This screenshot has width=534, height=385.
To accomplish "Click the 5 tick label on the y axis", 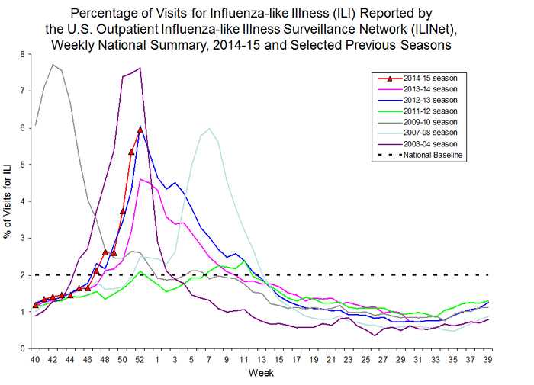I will [22, 165].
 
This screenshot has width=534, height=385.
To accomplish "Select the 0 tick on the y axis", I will [22, 348].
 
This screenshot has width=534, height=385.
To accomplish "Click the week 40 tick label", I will [35, 358].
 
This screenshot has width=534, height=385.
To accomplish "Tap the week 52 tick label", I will [140, 358].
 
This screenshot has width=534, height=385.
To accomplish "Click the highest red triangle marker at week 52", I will [140, 129].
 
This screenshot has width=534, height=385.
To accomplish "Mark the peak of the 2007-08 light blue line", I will [209, 129].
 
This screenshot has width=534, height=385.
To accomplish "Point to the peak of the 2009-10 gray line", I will [53, 65].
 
